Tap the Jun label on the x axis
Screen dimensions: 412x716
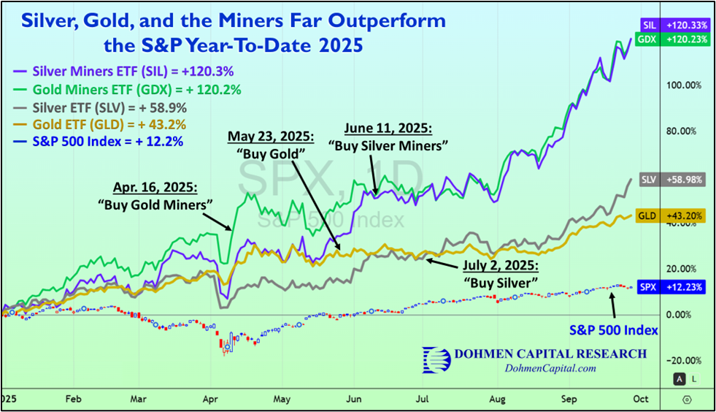(x=354, y=400)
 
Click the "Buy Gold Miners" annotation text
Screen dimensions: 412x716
(x=150, y=205)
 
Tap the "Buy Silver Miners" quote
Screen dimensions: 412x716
(x=388, y=145)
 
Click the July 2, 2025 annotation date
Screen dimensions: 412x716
(x=502, y=264)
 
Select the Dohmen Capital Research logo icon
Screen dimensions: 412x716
(x=436, y=359)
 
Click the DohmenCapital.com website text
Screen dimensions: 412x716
(x=550, y=368)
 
